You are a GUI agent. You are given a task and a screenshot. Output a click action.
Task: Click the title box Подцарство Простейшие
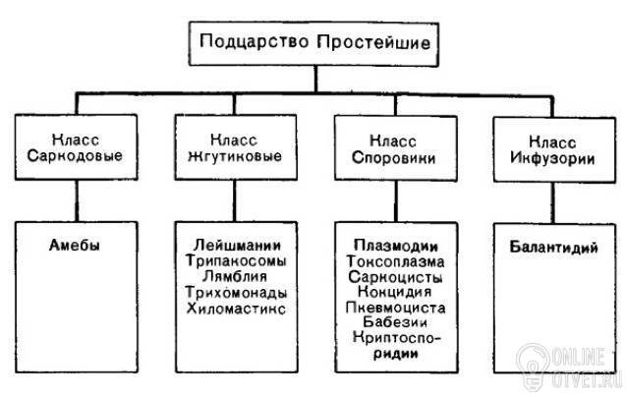[314, 43]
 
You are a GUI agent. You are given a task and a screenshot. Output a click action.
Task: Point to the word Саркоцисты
[390, 277]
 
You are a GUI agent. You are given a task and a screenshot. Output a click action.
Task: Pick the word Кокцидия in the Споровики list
[390, 292]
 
